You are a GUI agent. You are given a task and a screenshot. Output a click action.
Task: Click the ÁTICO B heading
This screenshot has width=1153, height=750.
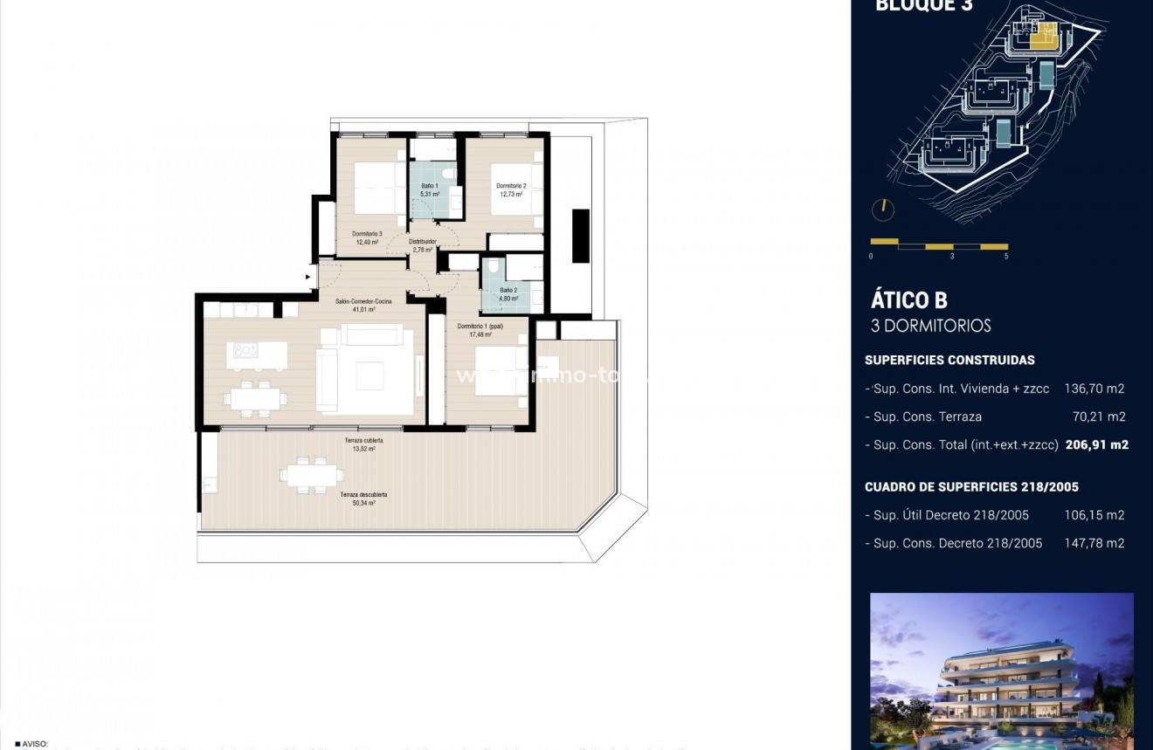[x=908, y=300]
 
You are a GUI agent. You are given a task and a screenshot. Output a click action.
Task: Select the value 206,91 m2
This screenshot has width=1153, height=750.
[x=1096, y=444]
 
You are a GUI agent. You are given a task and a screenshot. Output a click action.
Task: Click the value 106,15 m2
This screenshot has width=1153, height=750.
[x=1094, y=515]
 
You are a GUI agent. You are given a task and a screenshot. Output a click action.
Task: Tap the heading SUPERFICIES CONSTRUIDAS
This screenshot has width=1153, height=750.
[x=949, y=360]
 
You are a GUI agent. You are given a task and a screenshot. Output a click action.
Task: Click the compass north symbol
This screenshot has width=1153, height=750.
[x=883, y=210]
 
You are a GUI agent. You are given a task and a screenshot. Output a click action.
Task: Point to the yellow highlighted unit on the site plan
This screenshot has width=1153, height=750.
[x=1042, y=36]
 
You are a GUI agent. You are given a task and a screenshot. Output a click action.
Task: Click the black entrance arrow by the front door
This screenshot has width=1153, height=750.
[x=307, y=278]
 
